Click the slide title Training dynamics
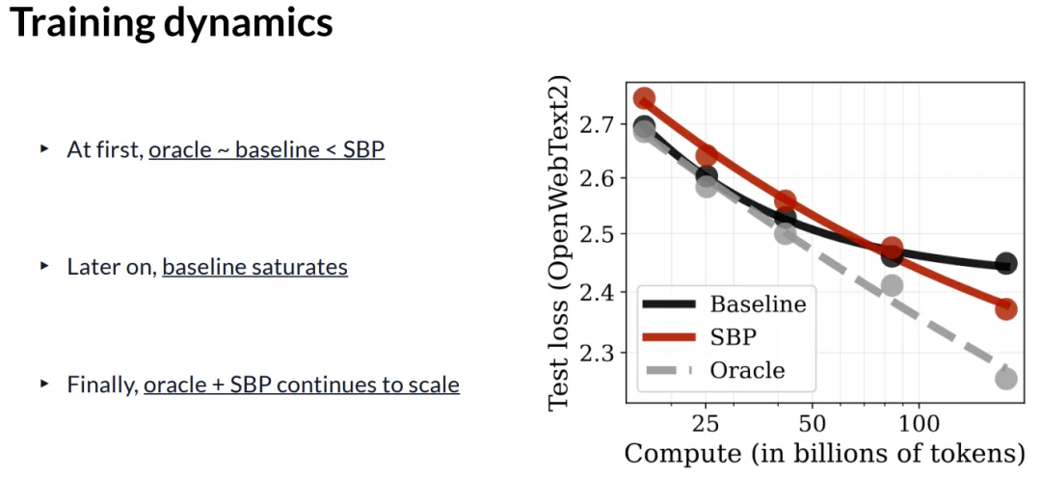click(172, 24)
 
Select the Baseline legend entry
click(758, 305)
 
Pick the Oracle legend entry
click(747, 370)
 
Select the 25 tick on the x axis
click(707, 424)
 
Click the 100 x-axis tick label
click(919, 424)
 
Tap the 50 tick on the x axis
click(812, 424)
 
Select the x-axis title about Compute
click(824, 454)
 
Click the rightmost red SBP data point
click(1006, 309)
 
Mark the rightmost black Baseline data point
click(1006, 264)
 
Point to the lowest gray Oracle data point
click(1006, 379)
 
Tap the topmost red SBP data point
click(645, 98)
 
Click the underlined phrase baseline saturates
click(254, 267)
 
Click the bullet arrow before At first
click(44, 149)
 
